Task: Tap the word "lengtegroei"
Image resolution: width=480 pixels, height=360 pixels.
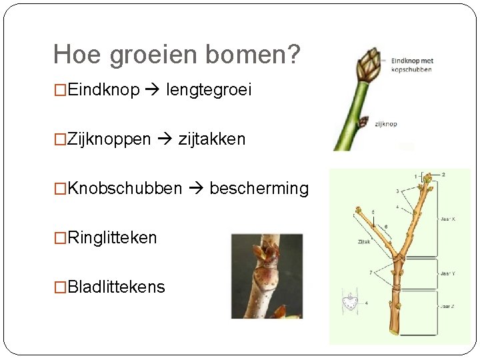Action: tap(209, 90)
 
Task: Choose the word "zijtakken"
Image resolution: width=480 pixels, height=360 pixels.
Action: tap(212, 139)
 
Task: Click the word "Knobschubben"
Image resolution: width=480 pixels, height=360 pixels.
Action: tap(125, 189)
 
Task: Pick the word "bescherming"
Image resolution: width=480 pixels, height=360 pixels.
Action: tap(259, 189)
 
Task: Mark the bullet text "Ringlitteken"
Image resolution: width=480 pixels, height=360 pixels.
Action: tap(112, 238)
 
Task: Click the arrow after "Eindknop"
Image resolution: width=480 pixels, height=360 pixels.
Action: tap(153, 91)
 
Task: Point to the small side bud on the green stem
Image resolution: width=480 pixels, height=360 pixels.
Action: tap(363, 122)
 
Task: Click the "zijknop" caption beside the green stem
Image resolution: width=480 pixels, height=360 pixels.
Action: tap(386, 124)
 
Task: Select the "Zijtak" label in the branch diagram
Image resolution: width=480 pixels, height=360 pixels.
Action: tap(364, 242)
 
